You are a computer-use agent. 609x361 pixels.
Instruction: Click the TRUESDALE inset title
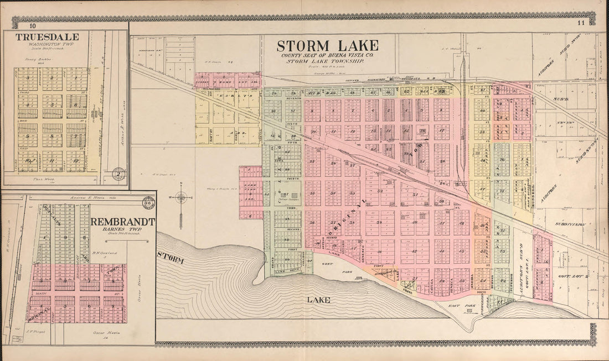(47, 37)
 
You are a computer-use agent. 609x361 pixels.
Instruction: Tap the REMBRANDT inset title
(123, 222)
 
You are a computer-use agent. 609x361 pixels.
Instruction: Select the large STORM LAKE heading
(328, 45)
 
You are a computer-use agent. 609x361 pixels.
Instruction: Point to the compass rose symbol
(181, 196)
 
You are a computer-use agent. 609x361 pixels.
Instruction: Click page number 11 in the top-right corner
(580, 23)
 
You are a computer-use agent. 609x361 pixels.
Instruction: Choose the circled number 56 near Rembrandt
(148, 202)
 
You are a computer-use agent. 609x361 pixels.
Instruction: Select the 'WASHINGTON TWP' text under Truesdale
(47, 45)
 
